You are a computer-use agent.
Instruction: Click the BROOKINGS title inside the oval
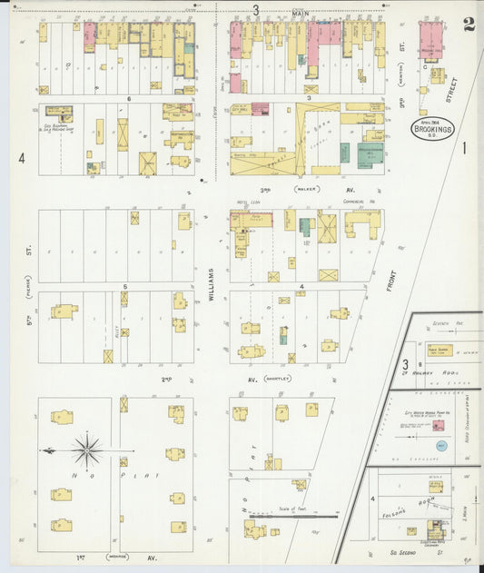pyautogui.click(x=428, y=130)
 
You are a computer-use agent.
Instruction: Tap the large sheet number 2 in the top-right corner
pyautogui.click(x=468, y=25)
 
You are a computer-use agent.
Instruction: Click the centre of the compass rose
pyautogui.click(x=87, y=450)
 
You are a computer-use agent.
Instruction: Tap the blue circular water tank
pyautogui.click(x=441, y=447)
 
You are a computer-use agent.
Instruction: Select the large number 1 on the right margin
pyautogui.click(x=463, y=147)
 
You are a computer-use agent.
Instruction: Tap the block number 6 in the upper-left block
pyautogui.click(x=130, y=97)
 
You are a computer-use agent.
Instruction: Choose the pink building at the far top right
pyautogui.click(x=430, y=42)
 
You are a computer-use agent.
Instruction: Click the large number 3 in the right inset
pyautogui.click(x=404, y=365)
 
